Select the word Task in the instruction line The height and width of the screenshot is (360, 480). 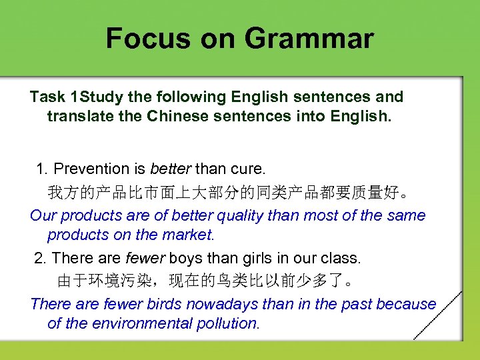click(47, 97)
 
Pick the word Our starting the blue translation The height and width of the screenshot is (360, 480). click(44, 215)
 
